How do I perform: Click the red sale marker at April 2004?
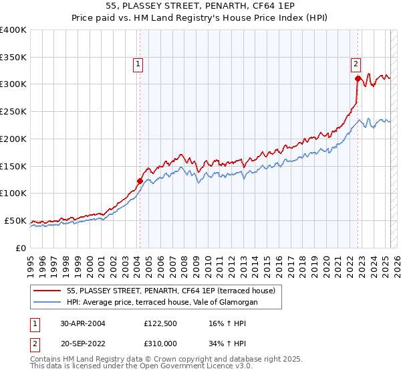[140, 181]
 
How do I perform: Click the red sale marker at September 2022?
[358, 78]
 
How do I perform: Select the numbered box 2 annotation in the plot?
[356, 64]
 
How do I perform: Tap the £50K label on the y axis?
[16, 220]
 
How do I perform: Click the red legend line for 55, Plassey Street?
[47, 291]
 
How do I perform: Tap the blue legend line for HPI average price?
[47, 303]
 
